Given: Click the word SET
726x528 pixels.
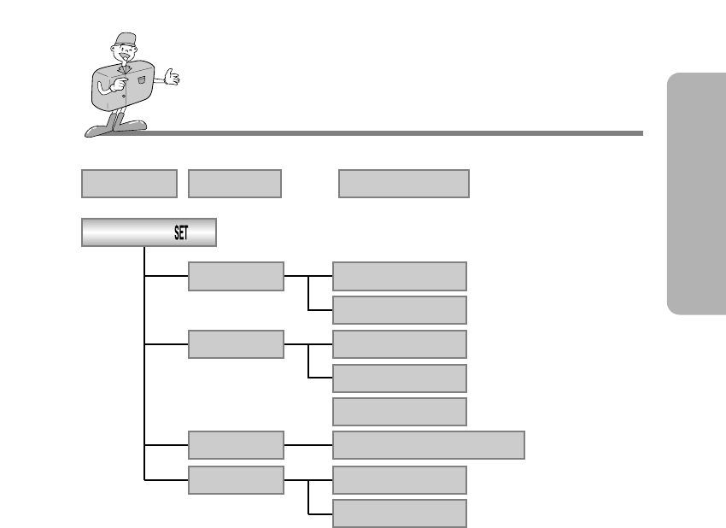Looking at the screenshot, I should (181, 232).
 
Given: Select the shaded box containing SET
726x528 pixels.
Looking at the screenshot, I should (149, 232).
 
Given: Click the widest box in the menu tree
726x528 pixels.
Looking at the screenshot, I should (428, 445).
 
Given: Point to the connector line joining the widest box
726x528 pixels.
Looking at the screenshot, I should (307, 445).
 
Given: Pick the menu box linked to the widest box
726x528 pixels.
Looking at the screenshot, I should (236, 445).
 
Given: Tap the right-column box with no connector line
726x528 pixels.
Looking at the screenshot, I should (399, 411).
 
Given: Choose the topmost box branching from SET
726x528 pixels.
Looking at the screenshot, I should (236, 276).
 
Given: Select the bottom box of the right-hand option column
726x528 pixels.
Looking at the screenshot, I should (399, 513).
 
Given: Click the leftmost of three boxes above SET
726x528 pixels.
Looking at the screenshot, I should (129, 184).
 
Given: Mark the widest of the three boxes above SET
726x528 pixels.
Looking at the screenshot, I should (404, 184).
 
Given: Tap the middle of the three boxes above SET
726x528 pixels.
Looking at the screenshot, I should (235, 184).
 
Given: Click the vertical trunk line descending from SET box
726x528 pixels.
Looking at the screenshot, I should (145, 367).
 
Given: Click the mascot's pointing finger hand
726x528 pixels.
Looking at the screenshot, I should (115, 85).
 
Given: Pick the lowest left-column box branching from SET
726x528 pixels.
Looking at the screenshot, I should (236, 479).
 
